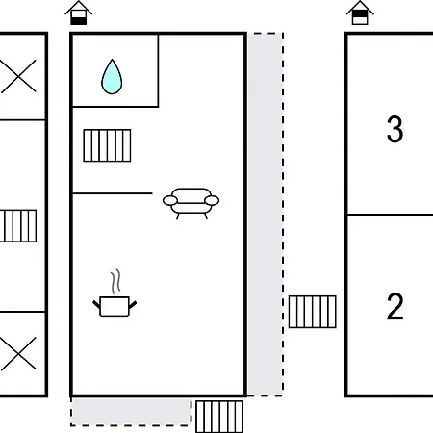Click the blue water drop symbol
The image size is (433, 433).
pos(112,77)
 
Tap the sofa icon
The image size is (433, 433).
pos(191,203)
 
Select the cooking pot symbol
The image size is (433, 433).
pos(115,306)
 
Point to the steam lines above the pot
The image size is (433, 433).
pos(116,282)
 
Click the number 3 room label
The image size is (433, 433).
pos(395,129)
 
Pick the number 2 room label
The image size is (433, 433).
pos(395,307)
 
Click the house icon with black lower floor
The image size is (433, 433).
pos(79,13)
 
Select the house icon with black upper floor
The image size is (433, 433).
pos(360,13)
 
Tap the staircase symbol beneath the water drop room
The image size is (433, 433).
pos(107,145)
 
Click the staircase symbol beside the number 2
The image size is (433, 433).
pos(313,312)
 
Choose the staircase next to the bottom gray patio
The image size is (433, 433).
pos(219,417)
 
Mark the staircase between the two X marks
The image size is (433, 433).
pos(18,226)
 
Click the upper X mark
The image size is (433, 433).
pos(18,76)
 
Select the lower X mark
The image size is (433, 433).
pos(18,353)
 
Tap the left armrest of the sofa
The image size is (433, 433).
pos(170,200)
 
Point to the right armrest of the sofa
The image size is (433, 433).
pos(212,200)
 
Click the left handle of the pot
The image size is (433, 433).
pos(96,304)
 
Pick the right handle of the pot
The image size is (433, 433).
pos(133,304)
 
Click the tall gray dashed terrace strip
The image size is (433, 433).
pos(265,215)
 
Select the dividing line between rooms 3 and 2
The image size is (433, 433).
pos(391,215)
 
